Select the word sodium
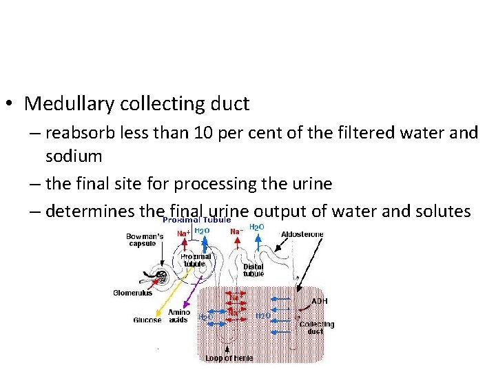[x=74, y=156]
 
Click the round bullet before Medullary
[x=10, y=105]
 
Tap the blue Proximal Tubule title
[x=196, y=220]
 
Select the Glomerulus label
[x=132, y=293]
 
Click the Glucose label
[x=147, y=320]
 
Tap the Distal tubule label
[x=254, y=270]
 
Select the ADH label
[x=320, y=301]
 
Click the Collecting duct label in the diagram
[x=316, y=328]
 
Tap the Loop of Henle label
[x=229, y=358]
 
